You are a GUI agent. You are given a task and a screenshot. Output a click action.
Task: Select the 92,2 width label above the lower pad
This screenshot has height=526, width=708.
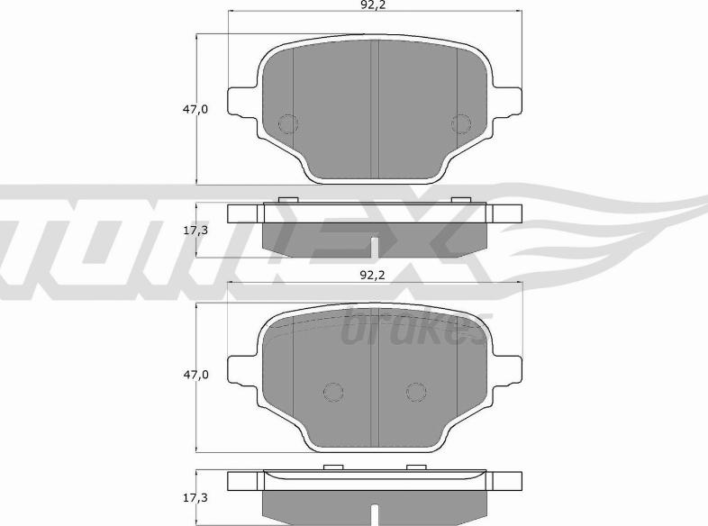point(373,275)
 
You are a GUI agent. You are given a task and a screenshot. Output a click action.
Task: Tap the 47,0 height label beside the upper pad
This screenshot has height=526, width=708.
point(195,109)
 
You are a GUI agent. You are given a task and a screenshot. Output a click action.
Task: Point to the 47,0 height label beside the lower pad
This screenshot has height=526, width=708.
point(195,375)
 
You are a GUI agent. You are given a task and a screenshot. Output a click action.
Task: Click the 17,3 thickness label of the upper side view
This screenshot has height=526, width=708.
point(195,231)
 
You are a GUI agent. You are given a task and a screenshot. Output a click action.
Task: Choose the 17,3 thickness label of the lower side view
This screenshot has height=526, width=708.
point(195,498)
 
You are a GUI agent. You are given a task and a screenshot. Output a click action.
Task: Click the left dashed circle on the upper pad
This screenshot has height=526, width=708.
point(287,123)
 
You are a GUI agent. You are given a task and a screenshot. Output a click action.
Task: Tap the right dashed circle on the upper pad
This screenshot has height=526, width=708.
point(461,123)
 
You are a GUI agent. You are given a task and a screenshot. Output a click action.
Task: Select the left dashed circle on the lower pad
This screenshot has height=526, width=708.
point(333,392)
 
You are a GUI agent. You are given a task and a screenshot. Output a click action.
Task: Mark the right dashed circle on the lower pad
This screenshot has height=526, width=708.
point(416,392)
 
